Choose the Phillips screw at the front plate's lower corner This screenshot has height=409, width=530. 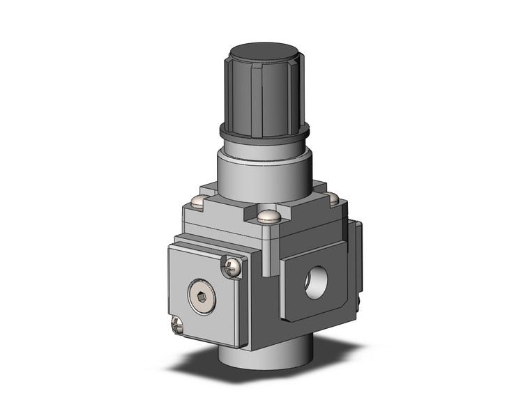click(177, 324)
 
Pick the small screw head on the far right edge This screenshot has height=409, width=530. click(358, 300)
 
